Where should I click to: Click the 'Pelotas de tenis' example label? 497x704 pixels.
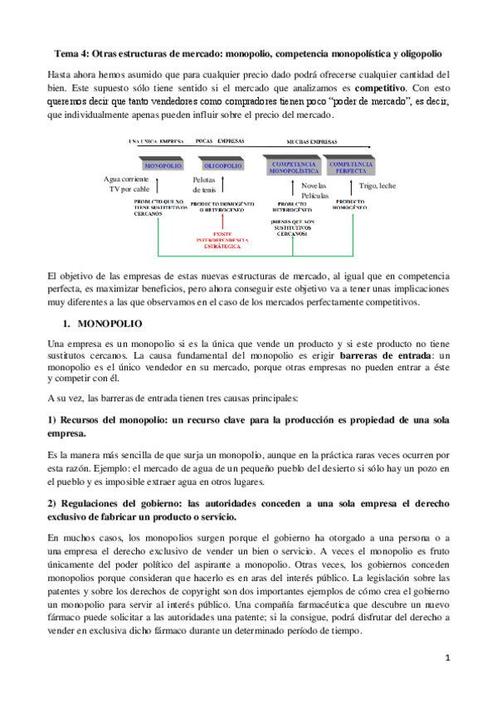point(203,185)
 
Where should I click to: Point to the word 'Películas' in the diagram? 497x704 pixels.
point(314,196)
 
